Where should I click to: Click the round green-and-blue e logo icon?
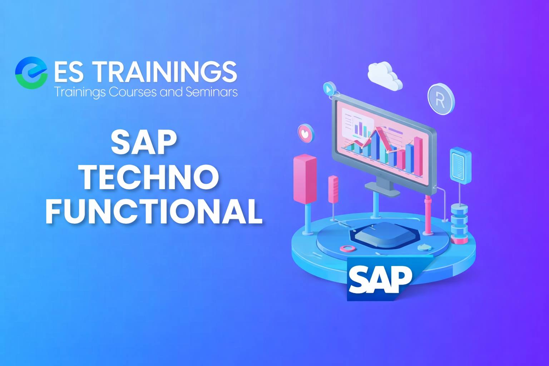[31, 73]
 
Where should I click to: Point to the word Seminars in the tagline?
[212, 92]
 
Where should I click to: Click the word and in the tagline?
[171, 92]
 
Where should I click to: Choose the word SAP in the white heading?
[144, 142]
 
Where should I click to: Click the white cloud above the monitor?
[385, 76]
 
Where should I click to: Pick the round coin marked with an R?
[441, 99]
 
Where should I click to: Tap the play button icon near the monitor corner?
[329, 89]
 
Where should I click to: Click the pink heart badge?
[306, 133]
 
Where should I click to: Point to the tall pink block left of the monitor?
[305, 179]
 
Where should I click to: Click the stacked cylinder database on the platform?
[459, 223]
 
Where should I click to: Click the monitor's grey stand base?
[382, 189]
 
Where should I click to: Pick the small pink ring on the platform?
[347, 248]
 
